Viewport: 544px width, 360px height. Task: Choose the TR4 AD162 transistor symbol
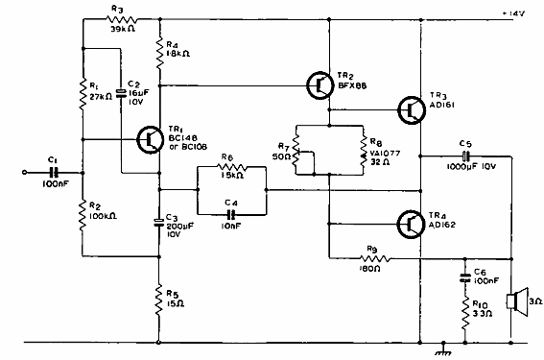point(410,224)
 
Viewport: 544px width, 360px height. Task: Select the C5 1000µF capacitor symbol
point(465,155)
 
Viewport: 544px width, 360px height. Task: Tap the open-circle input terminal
point(25,173)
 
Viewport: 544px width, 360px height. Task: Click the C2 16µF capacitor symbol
point(122,93)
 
